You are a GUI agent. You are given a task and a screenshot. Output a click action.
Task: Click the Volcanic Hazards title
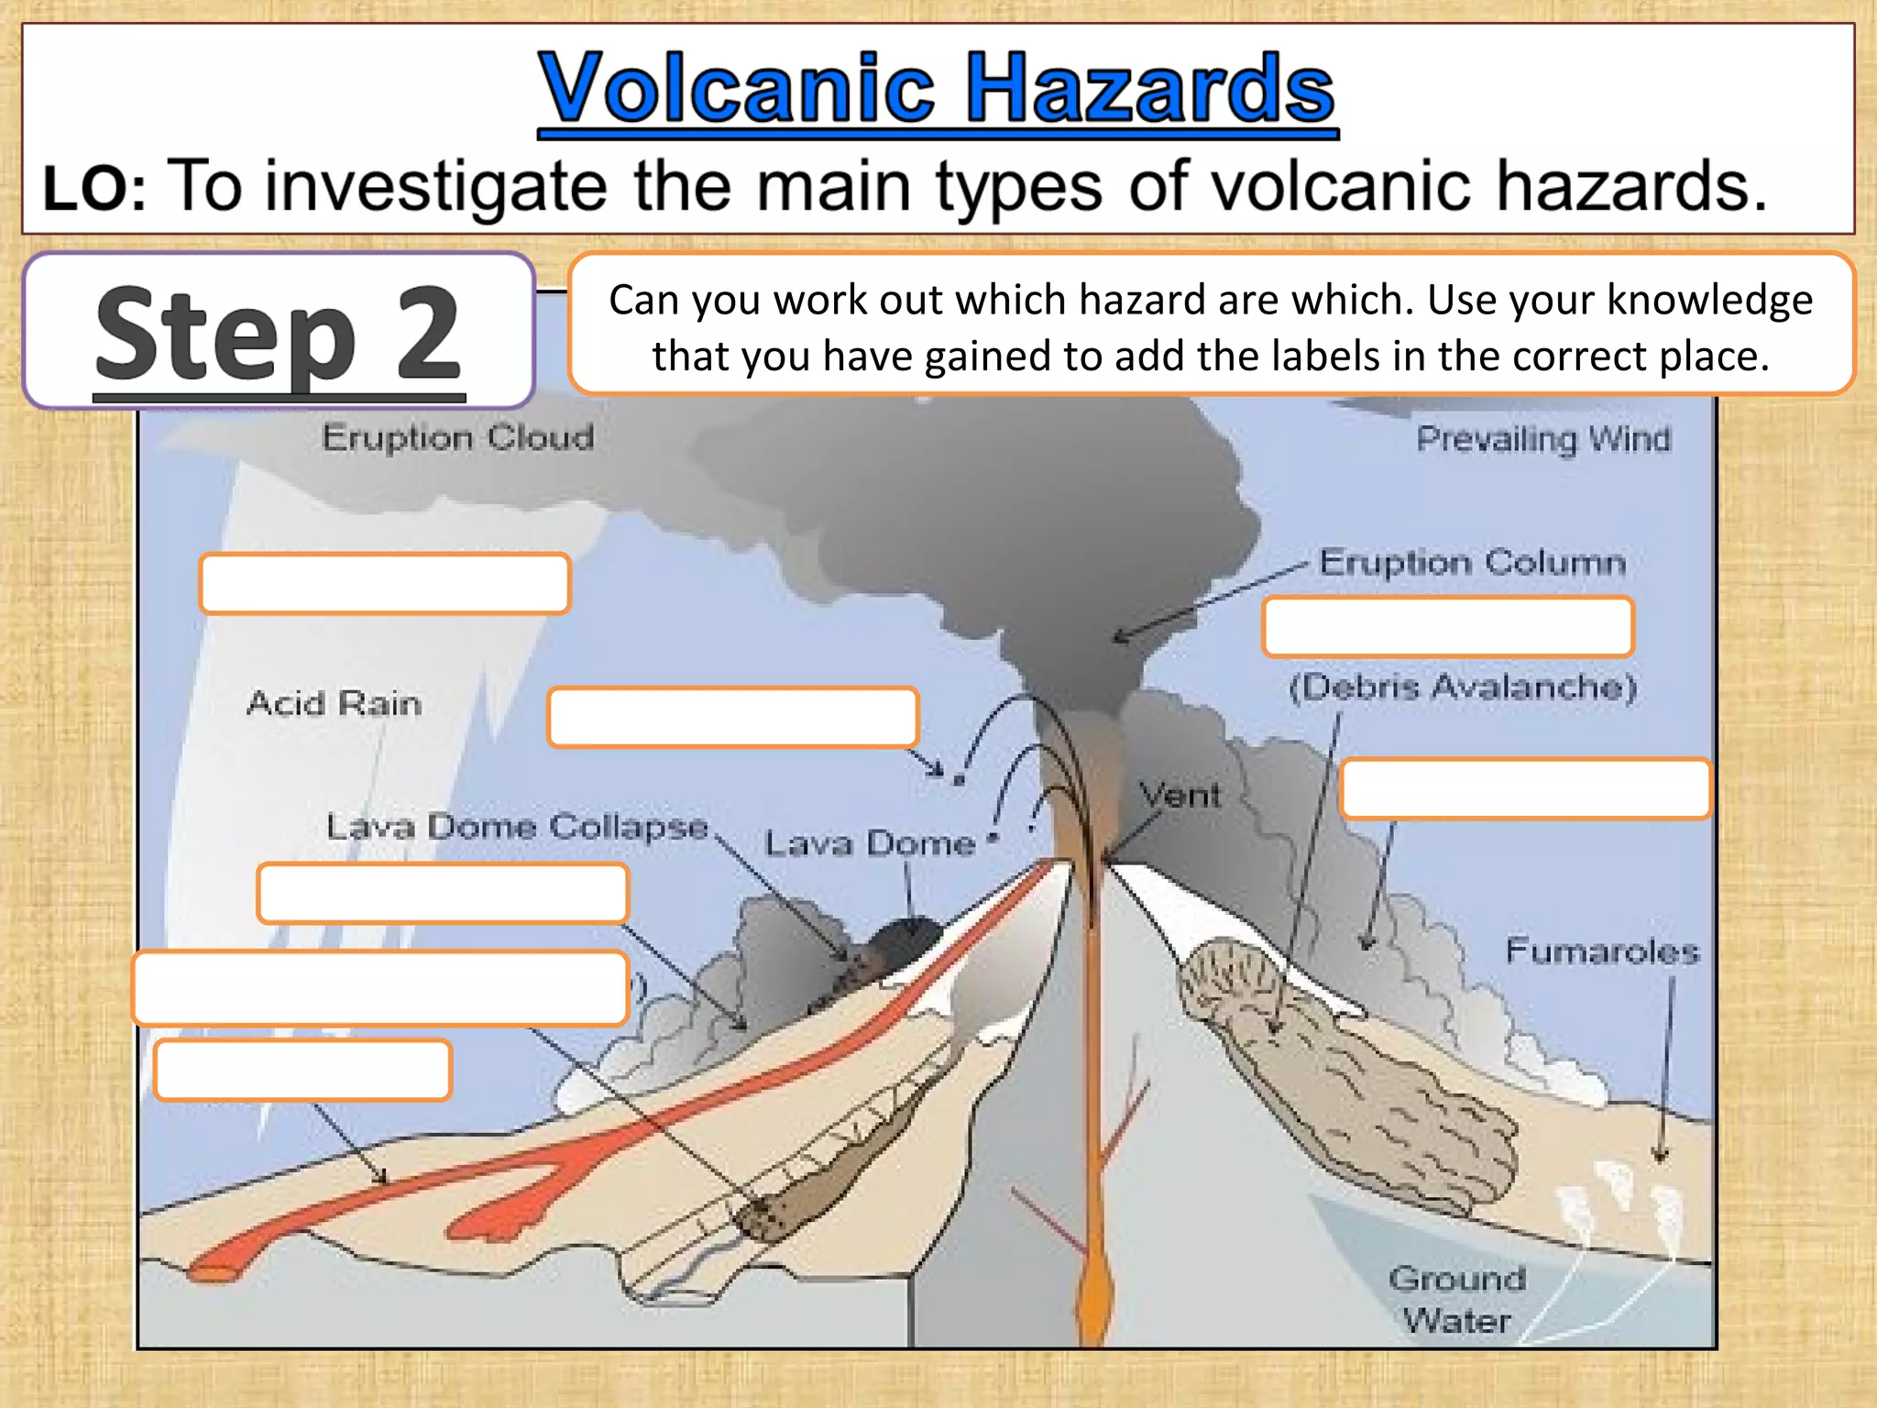click(937, 89)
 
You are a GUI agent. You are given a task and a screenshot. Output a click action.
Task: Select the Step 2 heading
click(279, 334)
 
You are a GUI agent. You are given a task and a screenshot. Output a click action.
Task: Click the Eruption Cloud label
click(457, 437)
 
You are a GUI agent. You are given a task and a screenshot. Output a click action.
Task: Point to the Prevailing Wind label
click(1543, 439)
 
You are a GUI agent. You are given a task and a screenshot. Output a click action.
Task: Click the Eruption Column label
click(1472, 562)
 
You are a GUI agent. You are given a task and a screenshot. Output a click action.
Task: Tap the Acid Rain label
click(334, 703)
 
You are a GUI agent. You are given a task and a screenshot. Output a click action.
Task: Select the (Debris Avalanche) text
click(1463, 687)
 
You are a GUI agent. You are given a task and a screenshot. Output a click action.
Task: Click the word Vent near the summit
click(1180, 795)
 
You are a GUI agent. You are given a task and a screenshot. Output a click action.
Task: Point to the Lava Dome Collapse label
click(518, 827)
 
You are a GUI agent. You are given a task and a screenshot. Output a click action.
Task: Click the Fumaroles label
click(1602, 951)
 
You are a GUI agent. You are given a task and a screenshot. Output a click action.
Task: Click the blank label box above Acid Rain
click(385, 583)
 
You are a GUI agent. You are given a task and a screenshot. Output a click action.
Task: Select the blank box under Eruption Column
click(1448, 627)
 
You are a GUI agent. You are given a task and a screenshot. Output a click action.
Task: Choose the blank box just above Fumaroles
click(1525, 788)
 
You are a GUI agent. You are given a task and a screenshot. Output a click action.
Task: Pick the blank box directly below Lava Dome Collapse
click(444, 893)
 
